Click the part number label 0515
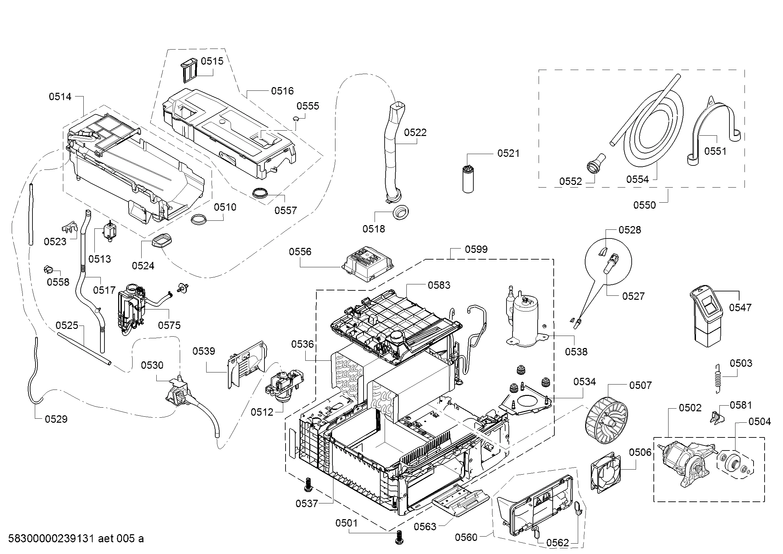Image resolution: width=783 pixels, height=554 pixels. [212, 61]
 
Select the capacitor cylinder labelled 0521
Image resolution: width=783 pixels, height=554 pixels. [468, 179]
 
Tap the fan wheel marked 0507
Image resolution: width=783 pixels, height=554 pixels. [606, 423]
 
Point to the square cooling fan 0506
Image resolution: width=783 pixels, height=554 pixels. [606, 473]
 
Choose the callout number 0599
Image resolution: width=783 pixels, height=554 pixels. [476, 250]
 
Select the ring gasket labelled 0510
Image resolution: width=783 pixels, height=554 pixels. [199, 219]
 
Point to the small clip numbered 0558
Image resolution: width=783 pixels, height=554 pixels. [48, 269]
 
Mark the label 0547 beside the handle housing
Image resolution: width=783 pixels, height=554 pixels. [740, 307]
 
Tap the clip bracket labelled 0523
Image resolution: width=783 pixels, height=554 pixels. [69, 227]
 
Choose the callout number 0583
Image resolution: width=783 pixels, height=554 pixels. [439, 285]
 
